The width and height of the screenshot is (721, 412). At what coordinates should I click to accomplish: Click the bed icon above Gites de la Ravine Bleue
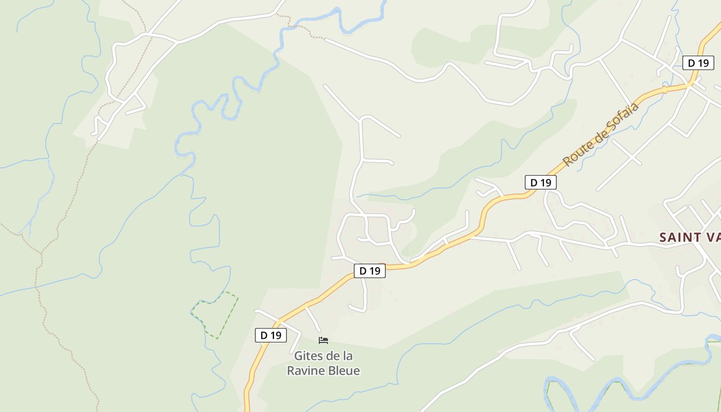[323, 340]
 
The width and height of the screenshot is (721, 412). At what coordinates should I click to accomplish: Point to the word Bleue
[344, 370]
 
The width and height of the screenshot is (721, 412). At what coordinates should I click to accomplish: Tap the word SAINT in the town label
[680, 237]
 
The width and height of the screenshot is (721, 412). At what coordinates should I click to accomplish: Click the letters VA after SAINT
[713, 237]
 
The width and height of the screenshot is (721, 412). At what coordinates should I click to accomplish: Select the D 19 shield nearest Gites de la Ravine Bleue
[271, 335]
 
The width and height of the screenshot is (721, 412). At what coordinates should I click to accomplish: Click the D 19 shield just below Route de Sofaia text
[541, 182]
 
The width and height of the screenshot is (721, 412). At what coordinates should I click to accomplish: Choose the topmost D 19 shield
[698, 63]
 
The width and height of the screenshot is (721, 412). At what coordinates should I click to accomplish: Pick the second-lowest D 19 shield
[370, 271]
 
